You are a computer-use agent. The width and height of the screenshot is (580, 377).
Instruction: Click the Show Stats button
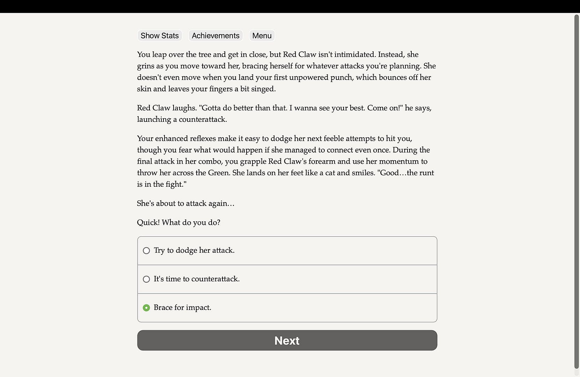point(160,36)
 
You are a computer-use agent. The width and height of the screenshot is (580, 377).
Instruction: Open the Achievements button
point(215,36)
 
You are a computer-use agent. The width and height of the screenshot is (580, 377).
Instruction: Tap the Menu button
point(262,36)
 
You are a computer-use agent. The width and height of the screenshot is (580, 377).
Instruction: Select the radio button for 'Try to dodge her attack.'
point(146,251)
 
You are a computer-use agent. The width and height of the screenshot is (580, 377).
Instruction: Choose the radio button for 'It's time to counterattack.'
point(146,279)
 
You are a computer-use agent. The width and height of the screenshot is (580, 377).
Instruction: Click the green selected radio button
point(146,308)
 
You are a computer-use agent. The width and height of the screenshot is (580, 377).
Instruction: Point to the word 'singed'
point(264,89)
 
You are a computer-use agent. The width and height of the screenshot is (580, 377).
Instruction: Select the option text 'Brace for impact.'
point(182,308)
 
